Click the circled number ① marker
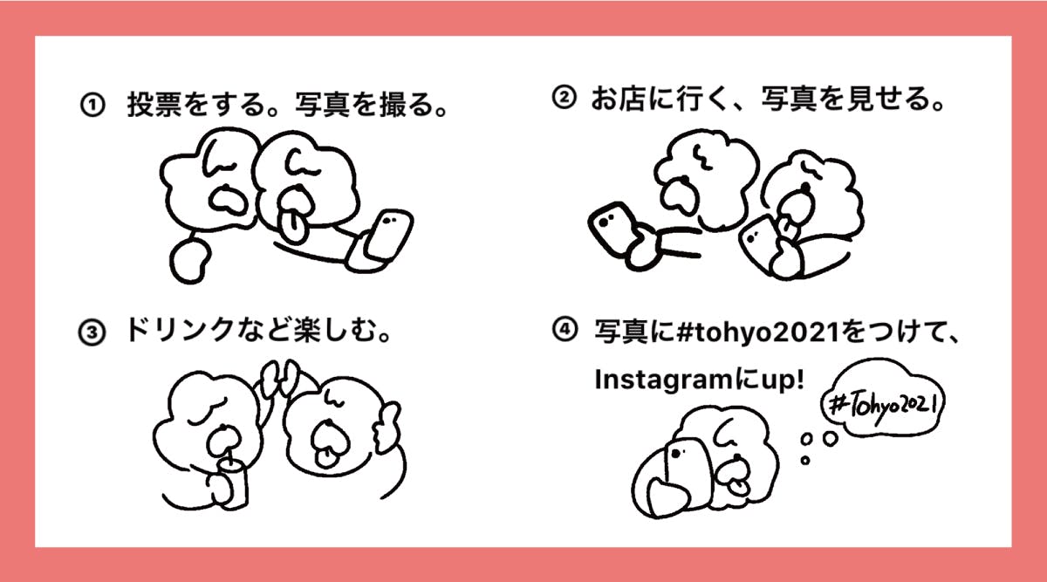[92, 105]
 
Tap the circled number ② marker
[565, 98]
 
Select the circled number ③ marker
[92, 332]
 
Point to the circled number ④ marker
[565, 329]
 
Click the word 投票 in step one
[154, 103]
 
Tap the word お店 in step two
[619, 99]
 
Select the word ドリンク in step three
[180, 329]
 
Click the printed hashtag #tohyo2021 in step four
[758, 332]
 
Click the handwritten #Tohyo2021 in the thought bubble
[883, 405]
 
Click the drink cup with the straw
[233, 484]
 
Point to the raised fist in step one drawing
[190, 261]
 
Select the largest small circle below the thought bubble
[830, 439]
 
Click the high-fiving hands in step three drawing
[280, 377]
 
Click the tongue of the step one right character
[292, 226]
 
